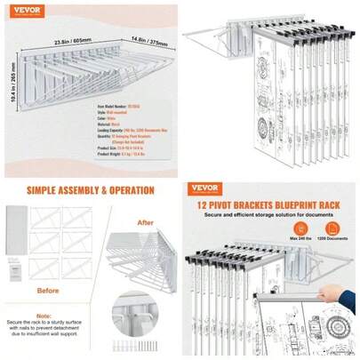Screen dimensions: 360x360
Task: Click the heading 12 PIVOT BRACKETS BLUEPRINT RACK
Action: (268, 204)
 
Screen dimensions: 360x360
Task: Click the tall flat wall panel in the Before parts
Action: (16, 231)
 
